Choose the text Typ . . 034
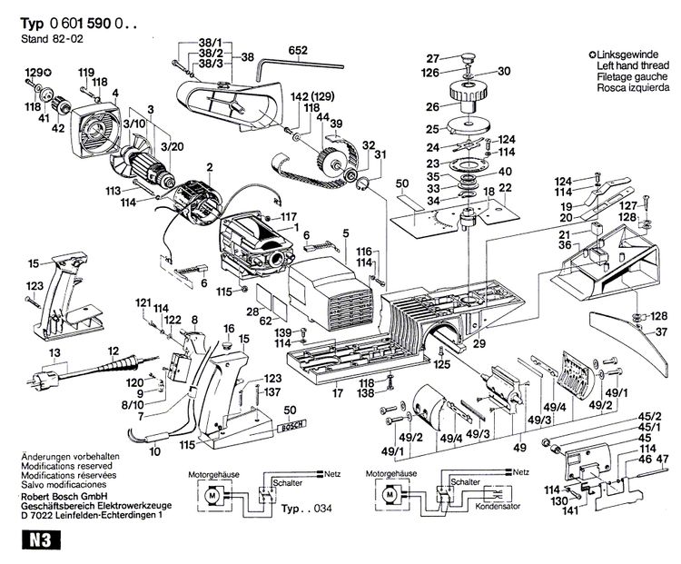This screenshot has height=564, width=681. pos(303,511)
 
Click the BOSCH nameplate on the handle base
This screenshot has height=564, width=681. pos(290,427)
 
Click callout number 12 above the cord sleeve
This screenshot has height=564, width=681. pos(114,351)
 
